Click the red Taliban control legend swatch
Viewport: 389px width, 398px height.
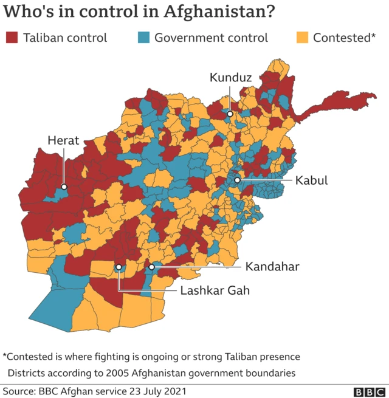coord(11,38)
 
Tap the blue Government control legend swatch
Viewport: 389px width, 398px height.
coord(143,38)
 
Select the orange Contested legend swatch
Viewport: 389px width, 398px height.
coord(301,38)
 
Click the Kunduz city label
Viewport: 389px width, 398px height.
coord(230,77)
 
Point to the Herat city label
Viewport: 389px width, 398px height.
coord(64,141)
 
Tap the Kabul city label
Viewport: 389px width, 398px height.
coord(311,180)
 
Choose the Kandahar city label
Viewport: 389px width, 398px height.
coord(272,267)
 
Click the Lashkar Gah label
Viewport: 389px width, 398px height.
coord(215,290)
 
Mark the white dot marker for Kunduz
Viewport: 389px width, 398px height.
coord(230,114)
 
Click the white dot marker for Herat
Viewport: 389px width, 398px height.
coord(64,187)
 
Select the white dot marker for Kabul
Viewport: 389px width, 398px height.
coord(238,180)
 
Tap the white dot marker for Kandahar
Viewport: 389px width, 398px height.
coord(151,267)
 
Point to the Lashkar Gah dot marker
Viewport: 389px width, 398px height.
coord(119,267)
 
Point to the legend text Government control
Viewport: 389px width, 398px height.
coord(211,38)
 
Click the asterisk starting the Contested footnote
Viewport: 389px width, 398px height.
coord(5,355)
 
